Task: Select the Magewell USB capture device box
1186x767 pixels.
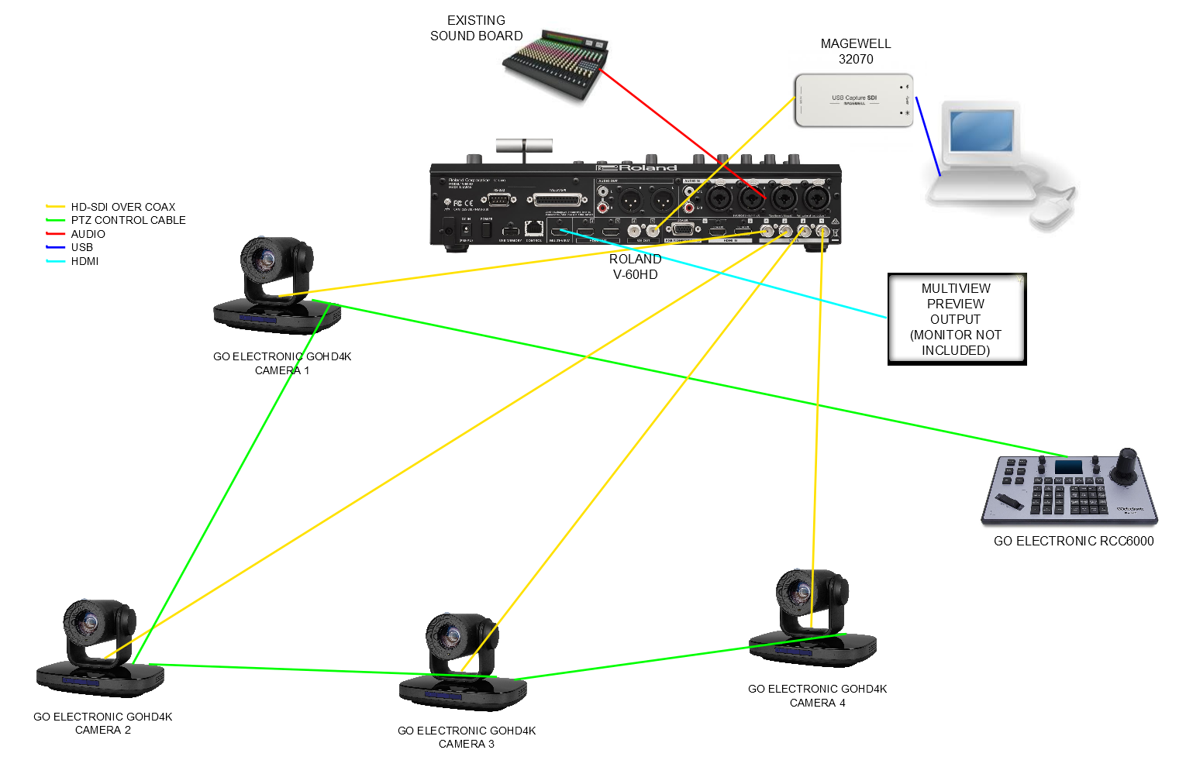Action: tap(853, 101)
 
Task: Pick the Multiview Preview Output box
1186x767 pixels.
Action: tap(957, 318)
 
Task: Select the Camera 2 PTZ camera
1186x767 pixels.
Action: tap(100, 648)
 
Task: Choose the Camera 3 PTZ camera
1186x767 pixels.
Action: tap(463, 662)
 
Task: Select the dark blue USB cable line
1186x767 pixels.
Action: tap(928, 136)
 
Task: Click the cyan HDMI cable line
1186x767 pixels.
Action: tap(729, 274)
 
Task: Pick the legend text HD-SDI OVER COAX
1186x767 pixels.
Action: tap(123, 207)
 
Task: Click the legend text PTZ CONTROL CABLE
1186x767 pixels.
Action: tap(129, 220)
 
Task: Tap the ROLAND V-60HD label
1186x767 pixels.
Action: tap(636, 267)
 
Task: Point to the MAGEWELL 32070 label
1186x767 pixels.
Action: tap(856, 51)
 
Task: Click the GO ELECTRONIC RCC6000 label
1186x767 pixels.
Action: tap(1074, 542)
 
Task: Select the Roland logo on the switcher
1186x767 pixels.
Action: tap(637, 167)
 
